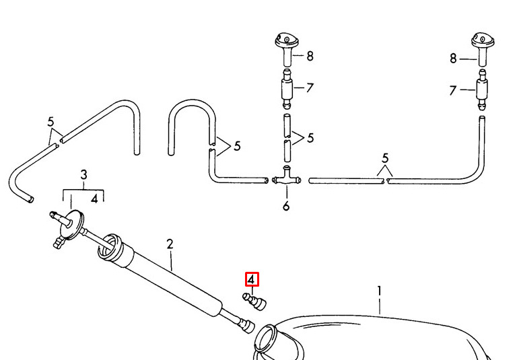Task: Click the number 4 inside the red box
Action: pos(251,280)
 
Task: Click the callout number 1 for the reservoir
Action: pos(380,291)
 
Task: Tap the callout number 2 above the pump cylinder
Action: pos(170,244)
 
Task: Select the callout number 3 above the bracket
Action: pos(83,174)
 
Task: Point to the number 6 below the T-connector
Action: pos(286,206)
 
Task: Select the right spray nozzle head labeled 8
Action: pos(483,48)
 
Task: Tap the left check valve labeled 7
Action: pos(287,89)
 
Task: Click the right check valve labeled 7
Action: pos(482,89)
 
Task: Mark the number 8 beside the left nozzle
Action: pos(310,56)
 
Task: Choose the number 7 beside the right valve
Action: pos(453,90)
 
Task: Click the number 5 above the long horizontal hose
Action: pos(385,158)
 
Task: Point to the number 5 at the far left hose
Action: pos(50,122)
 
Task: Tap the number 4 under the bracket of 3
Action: pos(95,199)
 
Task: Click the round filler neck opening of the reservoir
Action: pos(265,338)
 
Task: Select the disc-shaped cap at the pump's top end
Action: pos(72,223)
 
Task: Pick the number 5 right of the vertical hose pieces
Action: pos(310,138)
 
